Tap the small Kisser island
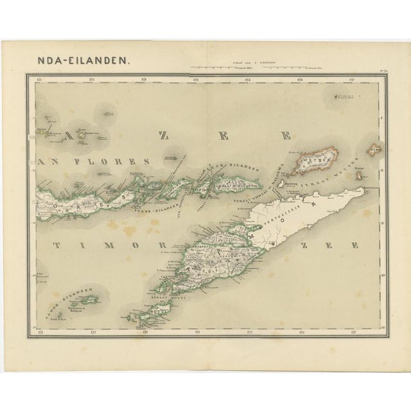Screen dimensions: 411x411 point(358,175)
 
